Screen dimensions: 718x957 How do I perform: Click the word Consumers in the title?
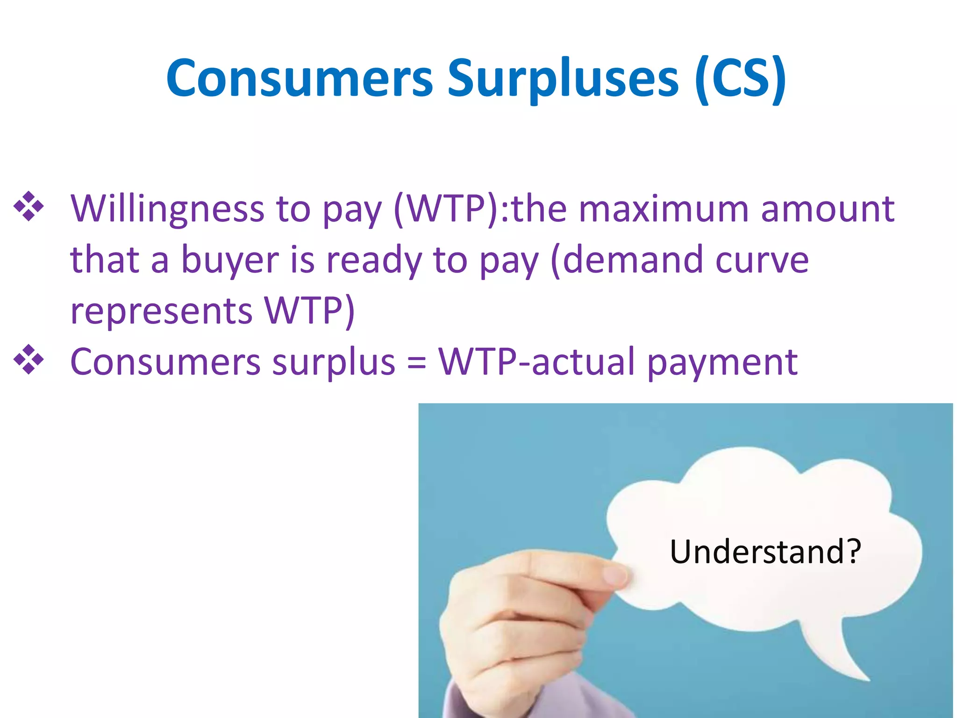[x=300, y=78]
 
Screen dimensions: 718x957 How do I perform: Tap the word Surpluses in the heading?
[x=563, y=78]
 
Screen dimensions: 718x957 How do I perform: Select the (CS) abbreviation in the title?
[x=740, y=78]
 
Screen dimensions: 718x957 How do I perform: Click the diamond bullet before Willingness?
[x=29, y=206]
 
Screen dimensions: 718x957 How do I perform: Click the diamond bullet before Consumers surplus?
[x=29, y=359]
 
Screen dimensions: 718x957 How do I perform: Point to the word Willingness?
[x=167, y=209]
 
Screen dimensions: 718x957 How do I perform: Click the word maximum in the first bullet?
[x=663, y=209]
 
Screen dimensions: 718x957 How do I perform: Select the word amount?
[x=827, y=209]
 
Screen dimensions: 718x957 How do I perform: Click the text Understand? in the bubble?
[x=765, y=552]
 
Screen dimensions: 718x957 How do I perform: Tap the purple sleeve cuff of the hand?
[x=460, y=701]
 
